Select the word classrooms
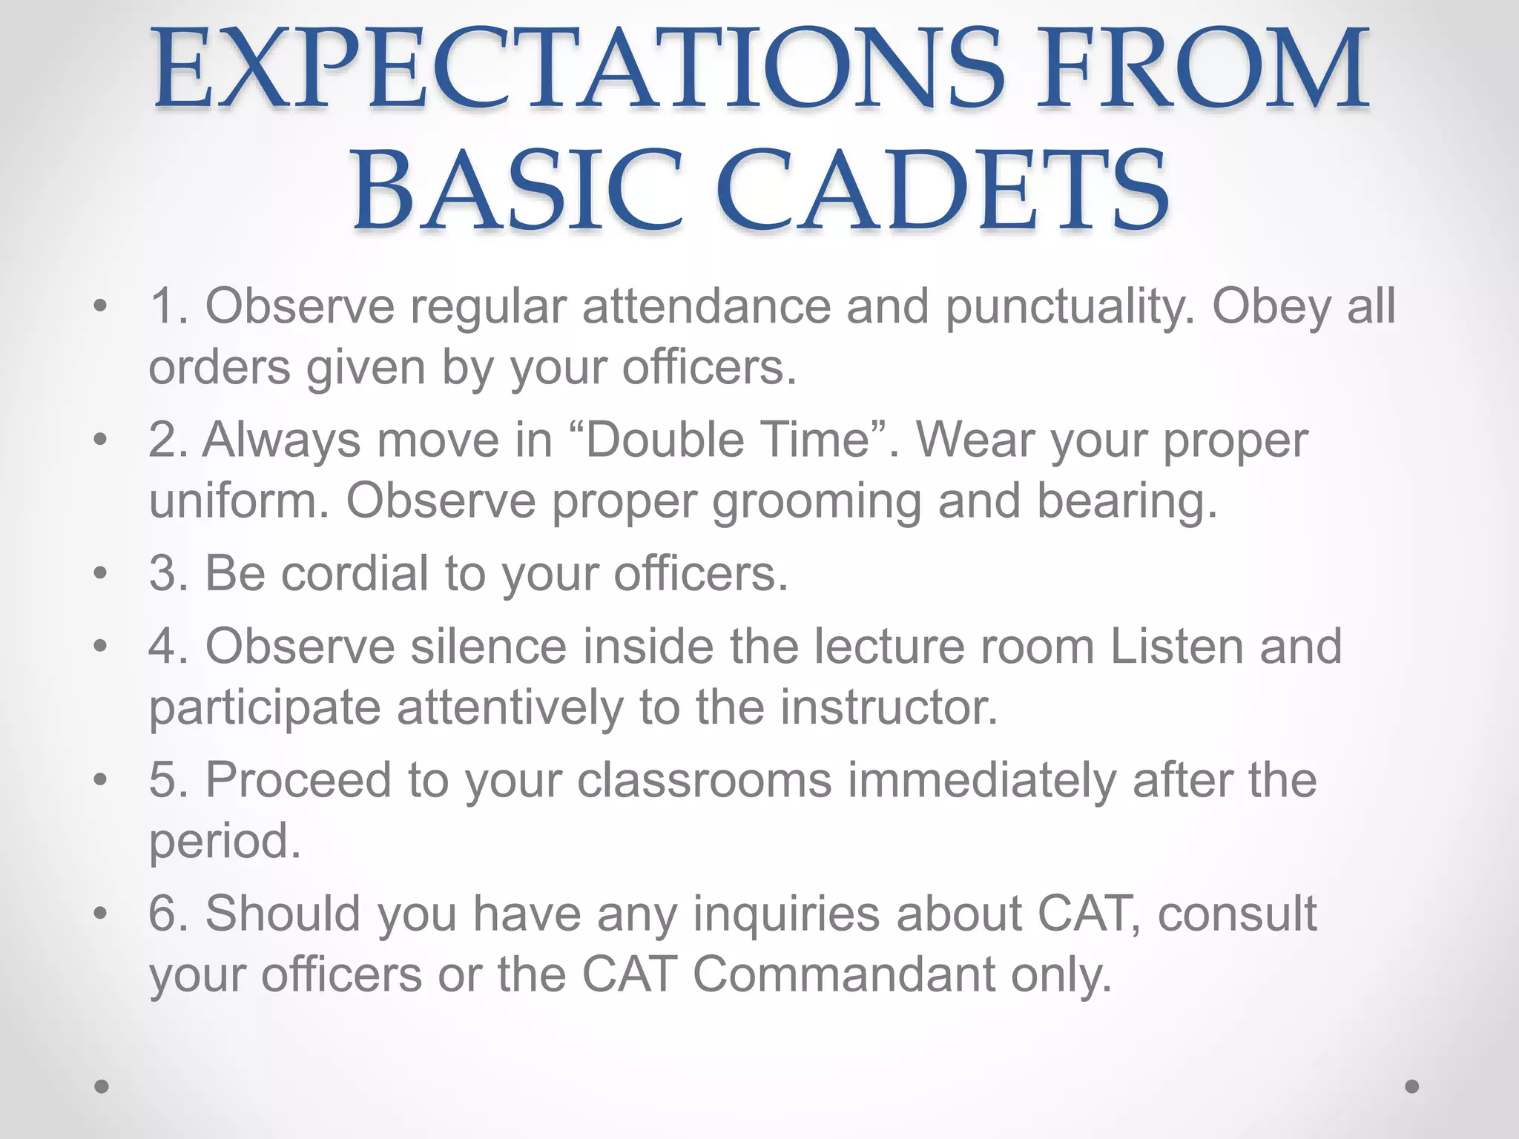pos(704,780)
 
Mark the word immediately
pos(982,782)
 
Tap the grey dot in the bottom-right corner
pos(1412,1086)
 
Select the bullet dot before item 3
pos(101,572)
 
